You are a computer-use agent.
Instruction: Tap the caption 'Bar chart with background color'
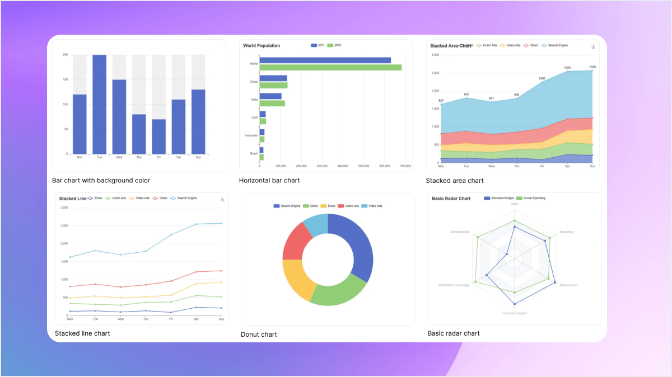click(x=101, y=181)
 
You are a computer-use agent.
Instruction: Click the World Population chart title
click(x=262, y=45)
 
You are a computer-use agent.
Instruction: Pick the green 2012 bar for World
click(x=330, y=67)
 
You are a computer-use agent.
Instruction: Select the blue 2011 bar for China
click(x=273, y=78)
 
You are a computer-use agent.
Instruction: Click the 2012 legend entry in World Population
click(x=334, y=45)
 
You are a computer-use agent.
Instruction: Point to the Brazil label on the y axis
click(x=254, y=153)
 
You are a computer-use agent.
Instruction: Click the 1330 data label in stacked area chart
click(x=567, y=68)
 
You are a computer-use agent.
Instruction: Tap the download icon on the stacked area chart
click(x=593, y=46)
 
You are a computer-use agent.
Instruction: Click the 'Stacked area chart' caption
click(x=454, y=181)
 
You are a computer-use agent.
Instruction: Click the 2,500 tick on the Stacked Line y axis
click(x=64, y=226)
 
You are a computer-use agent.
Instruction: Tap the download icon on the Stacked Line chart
click(x=222, y=199)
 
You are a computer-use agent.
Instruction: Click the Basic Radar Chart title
click(x=451, y=198)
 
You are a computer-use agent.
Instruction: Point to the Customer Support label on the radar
click(x=514, y=313)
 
